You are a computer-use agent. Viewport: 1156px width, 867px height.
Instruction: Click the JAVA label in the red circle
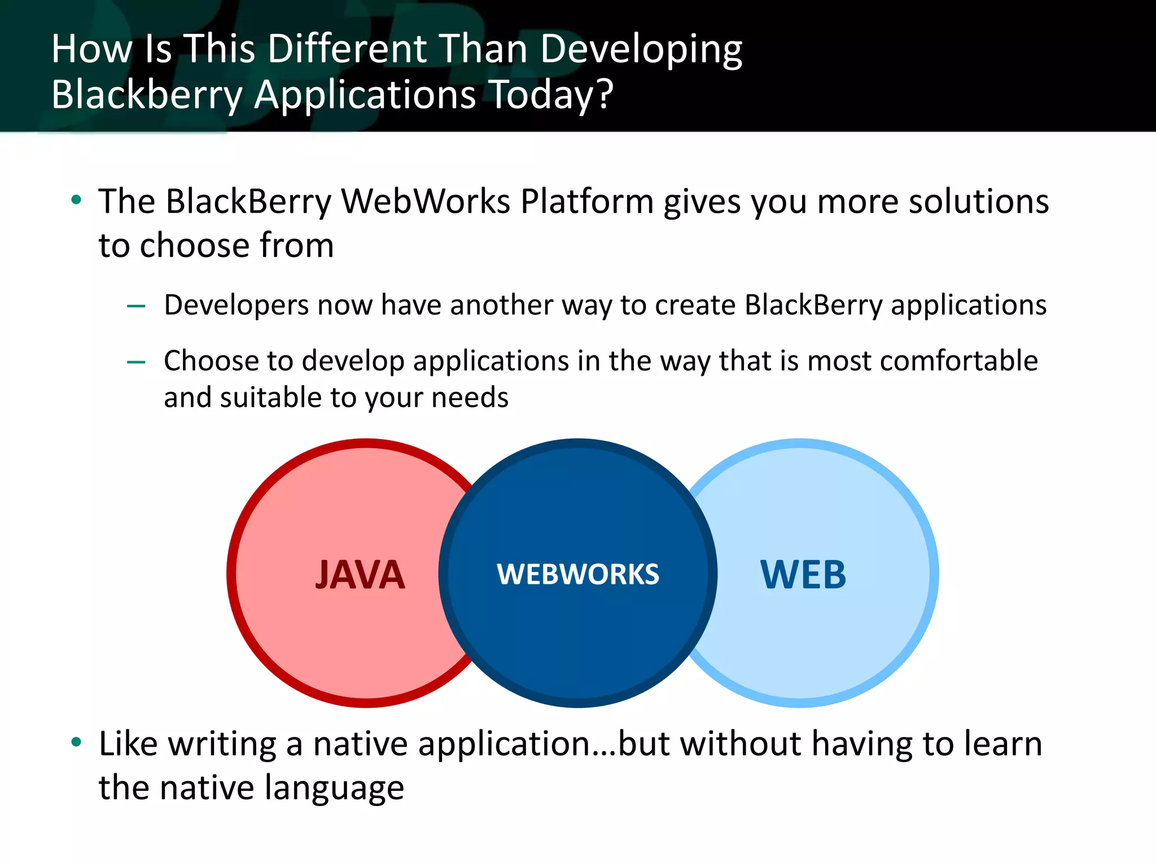tap(360, 575)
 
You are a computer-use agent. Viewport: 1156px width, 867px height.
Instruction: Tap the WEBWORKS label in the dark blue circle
tap(577, 574)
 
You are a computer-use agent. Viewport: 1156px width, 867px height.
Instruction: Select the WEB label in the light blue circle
tap(803, 575)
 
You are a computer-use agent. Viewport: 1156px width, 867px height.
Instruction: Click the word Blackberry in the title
tap(147, 95)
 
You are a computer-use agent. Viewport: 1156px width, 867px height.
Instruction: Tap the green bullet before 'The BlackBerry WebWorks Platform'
tap(76, 200)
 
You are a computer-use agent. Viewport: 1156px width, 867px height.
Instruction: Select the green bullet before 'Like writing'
tap(76, 742)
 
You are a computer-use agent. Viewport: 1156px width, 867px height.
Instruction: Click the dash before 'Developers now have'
tap(136, 306)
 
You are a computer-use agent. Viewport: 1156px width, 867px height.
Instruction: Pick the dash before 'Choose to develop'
tap(136, 362)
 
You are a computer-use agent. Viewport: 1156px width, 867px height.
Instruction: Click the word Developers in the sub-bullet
tap(237, 305)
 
